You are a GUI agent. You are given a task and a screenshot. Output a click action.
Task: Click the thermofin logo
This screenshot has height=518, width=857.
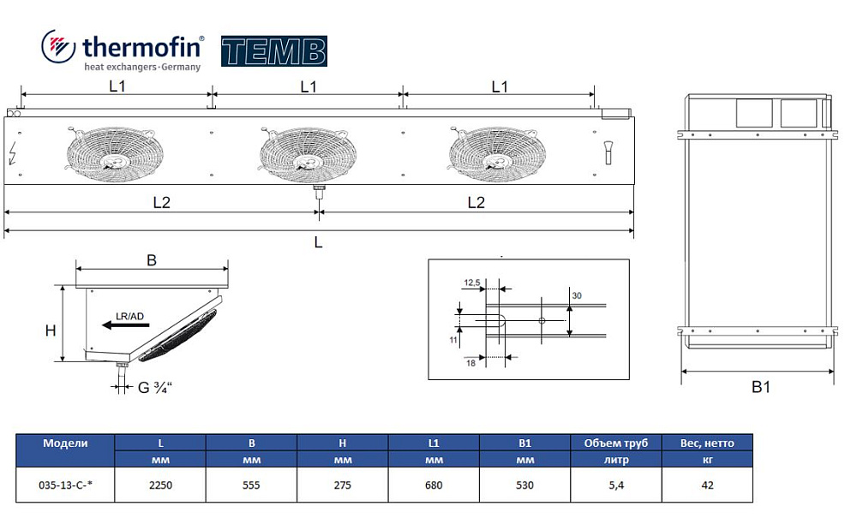[123, 51]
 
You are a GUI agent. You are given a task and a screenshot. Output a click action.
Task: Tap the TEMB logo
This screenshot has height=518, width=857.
[274, 51]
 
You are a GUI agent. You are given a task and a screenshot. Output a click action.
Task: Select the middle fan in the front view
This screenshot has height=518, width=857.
[309, 154]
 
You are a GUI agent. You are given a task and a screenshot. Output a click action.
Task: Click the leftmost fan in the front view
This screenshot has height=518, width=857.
[115, 154]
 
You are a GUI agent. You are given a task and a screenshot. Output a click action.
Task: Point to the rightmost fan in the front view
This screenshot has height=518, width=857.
[497, 154]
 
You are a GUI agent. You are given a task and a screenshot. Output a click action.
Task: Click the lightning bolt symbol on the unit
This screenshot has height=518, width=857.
[13, 153]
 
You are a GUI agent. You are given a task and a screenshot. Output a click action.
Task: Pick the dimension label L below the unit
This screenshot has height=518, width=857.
[319, 242]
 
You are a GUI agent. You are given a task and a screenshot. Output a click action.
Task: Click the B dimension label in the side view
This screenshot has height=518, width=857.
[152, 260]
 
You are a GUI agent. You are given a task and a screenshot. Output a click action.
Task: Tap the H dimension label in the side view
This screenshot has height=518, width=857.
[51, 330]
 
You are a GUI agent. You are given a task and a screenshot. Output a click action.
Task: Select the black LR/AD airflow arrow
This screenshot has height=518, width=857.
[126, 325]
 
